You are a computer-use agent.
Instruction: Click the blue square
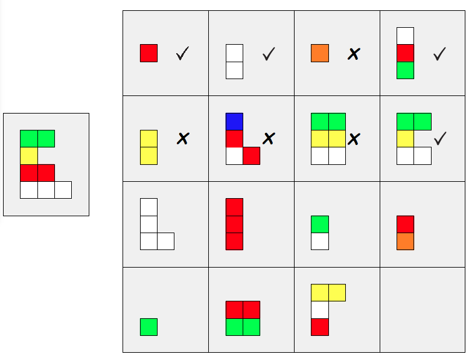234,121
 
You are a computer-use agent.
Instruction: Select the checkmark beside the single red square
182,54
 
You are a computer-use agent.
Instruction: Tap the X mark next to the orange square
354,54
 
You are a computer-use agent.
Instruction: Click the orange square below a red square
405,242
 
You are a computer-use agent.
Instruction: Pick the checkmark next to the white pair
269,54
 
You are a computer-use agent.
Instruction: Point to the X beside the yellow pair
182,139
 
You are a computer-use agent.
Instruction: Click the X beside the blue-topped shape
269,139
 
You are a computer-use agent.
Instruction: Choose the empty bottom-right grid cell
423,309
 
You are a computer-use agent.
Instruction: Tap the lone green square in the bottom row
148,327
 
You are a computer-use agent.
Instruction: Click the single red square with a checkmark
148,53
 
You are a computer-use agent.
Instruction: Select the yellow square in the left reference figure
28,156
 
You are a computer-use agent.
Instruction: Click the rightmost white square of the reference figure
63,190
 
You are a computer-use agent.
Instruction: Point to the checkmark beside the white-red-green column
439,54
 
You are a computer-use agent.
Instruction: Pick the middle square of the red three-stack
234,224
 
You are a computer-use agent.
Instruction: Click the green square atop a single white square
320,224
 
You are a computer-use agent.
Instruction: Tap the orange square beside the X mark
320,53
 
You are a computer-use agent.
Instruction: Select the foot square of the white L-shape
165,241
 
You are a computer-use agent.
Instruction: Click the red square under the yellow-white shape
320,327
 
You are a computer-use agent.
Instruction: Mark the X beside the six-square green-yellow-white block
354,140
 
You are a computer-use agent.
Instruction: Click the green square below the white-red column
405,70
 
